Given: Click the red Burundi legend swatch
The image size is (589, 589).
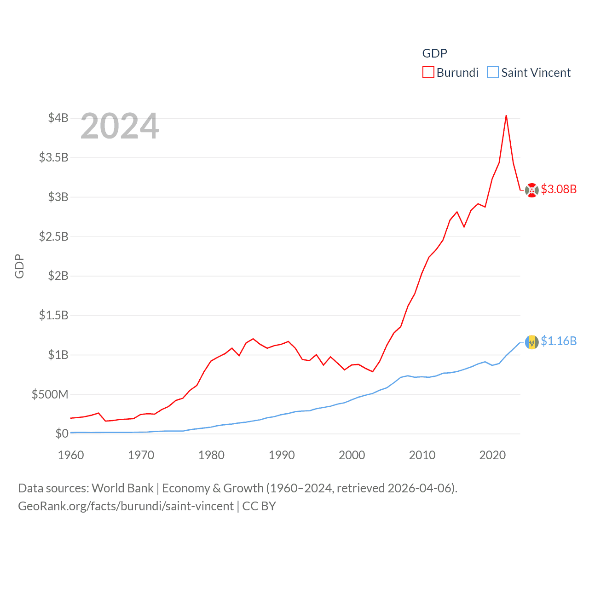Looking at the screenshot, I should [428, 73].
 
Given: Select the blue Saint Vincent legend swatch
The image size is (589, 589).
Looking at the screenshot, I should [492, 73].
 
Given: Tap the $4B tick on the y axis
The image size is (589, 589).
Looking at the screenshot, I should [58, 118].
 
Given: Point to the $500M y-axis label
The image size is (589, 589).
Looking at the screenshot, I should [50, 394].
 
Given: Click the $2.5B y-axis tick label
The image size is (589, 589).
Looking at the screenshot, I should [53, 237].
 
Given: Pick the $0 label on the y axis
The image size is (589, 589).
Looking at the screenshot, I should [62, 433].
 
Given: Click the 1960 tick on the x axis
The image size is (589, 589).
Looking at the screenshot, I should [71, 455].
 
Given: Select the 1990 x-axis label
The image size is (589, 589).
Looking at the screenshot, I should [282, 455].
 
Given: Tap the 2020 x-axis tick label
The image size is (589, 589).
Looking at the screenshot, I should [492, 455].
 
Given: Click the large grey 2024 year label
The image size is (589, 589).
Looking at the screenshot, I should [120, 126].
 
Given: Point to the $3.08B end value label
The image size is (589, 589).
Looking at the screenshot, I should [559, 189].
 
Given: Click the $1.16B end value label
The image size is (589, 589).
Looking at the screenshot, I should [559, 341].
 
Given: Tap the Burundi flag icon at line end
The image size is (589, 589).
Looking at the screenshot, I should [531, 190].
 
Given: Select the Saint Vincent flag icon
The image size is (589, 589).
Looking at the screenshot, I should [531, 342].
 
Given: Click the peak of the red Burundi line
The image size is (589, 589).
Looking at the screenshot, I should [506, 115].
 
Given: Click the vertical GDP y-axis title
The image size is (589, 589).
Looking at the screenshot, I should [19, 266].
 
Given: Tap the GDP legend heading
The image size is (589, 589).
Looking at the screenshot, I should [434, 53].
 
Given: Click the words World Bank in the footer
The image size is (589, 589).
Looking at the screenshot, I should [122, 488].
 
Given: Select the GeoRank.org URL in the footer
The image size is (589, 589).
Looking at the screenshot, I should [126, 506].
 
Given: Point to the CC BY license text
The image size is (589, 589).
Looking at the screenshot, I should [259, 506].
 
